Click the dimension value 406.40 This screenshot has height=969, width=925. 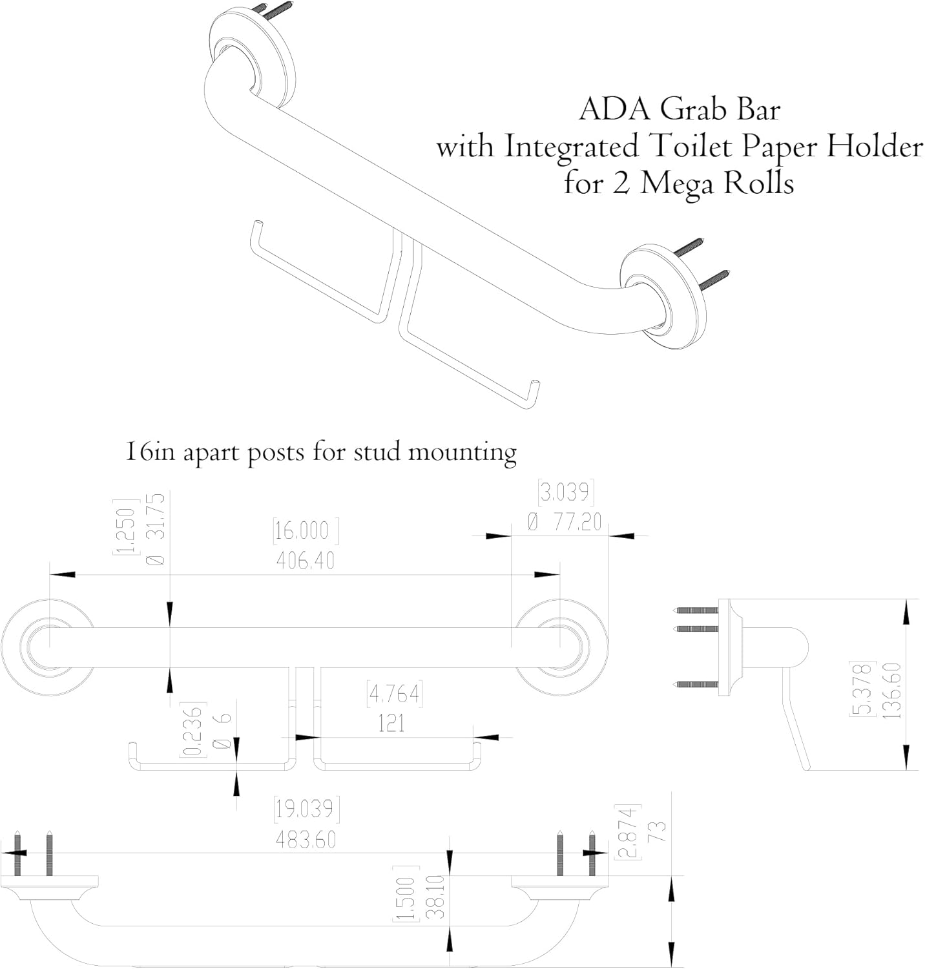point(305,560)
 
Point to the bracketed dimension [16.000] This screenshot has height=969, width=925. point(306,531)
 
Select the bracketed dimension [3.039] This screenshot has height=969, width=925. point(566,493)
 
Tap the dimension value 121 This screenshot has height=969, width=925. point(391,723)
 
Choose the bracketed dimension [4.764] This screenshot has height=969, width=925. point(393,694)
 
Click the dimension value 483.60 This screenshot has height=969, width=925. point(306,839)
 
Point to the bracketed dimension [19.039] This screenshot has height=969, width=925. point(306,809)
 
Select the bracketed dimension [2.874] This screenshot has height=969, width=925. point(629,831)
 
